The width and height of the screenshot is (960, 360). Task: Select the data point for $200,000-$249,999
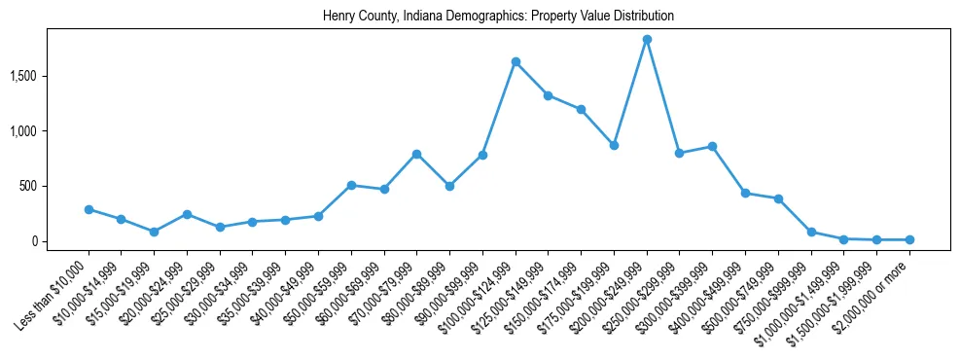click(647, 39)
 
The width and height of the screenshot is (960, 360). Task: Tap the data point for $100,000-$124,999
click(516, 61)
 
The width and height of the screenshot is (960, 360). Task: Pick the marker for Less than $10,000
click(89, 209)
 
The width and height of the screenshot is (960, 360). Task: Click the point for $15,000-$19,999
click(154, 232)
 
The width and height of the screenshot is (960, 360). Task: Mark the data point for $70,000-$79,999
click(416, 154)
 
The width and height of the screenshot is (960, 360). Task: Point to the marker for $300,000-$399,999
click(712, 146)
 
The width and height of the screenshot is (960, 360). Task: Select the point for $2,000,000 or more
click(909, 239)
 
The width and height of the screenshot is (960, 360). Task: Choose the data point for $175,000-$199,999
click(614, 145)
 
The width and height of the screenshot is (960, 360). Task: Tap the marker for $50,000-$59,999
click(351, 185)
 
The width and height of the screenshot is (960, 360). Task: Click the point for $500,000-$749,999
click(778, 198)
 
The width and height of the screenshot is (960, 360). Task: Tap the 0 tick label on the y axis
click(60, 241)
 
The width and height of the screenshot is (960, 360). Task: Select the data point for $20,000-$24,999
click(187, 214)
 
